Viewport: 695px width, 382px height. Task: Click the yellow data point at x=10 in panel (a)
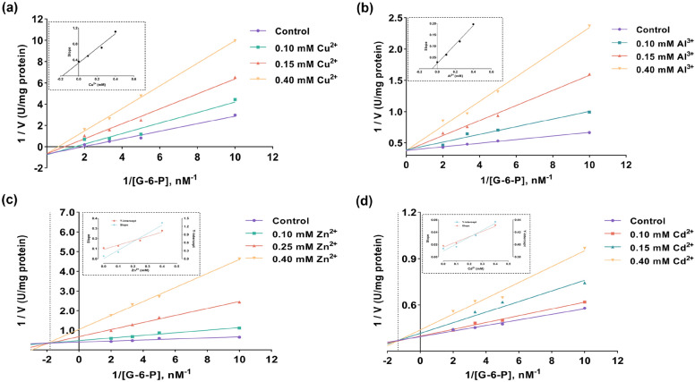click(x=235, y=40)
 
